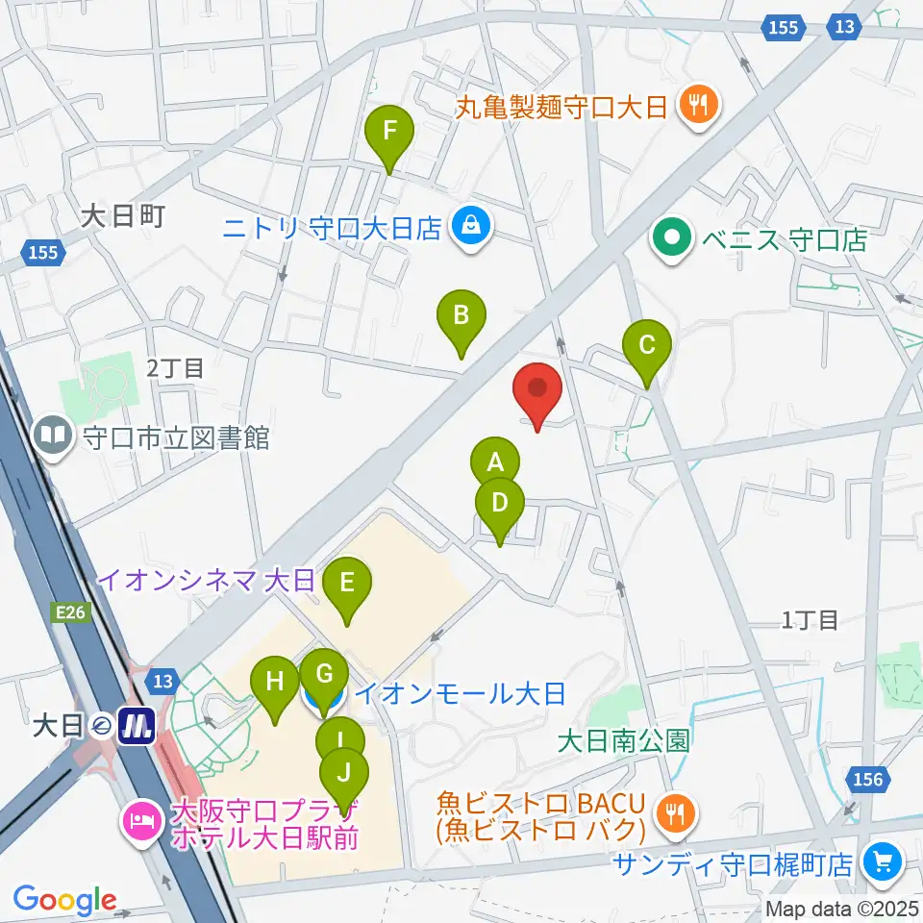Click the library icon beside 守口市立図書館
click(x=53, y=437)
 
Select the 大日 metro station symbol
click(x=137, y=725)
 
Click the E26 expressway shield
click(x=69, y=611)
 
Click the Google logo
click(x=65, y=900)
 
